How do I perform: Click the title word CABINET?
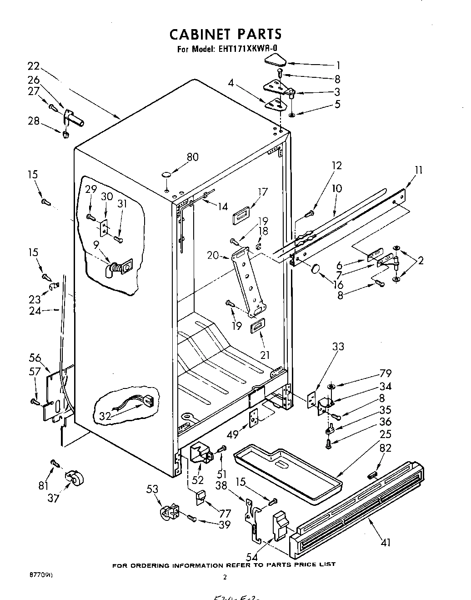point(200,34)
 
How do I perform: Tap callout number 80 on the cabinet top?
point(192,157)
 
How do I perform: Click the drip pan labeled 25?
point(286,473)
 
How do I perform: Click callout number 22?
point(33,65)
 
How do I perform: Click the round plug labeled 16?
point(315,270)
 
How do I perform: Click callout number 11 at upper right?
point(419,170)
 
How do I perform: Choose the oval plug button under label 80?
point(166,175)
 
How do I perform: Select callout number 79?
point(385,373)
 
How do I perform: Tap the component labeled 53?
point(168,513)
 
